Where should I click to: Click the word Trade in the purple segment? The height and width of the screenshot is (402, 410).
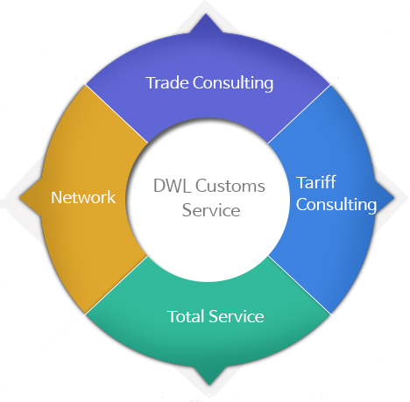click(x=167, y=82)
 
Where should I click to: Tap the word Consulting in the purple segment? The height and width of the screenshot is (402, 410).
click(x=233, y=84)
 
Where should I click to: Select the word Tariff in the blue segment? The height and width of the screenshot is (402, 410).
click(x=316, y=182)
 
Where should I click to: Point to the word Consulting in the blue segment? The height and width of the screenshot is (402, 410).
click(x=336, y=205)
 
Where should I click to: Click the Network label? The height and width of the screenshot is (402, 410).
click(x=83, y=197)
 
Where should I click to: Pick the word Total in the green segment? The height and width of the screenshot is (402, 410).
click(x=186, y=316)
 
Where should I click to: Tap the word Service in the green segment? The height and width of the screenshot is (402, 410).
click(x=237, y=316)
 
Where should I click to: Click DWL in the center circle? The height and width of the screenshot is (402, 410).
click(x=172, y=186)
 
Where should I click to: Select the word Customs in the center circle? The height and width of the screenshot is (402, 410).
click(x=230, y=186)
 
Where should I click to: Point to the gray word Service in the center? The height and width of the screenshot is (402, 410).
click(x=211, y=210)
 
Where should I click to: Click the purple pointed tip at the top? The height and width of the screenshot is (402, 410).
click(x=206, y=14)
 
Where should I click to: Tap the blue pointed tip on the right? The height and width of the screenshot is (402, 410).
click(x=394, y=198)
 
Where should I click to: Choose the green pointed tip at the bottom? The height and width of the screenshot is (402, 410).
click(x=209, y=384)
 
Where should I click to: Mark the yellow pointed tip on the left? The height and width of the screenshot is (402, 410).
click(x=19, y=197)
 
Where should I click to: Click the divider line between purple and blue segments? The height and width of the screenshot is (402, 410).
click(x=300, y=114)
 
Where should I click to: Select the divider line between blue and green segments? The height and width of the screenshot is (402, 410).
click(x=300, y=286)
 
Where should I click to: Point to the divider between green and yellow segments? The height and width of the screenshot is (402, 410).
click(x=117, y=286)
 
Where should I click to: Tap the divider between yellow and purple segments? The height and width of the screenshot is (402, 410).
click(x=117, y=114)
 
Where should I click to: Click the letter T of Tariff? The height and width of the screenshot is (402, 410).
click(x=301, y=183)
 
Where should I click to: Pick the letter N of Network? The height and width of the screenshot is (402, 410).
click(x=57, y=197)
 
